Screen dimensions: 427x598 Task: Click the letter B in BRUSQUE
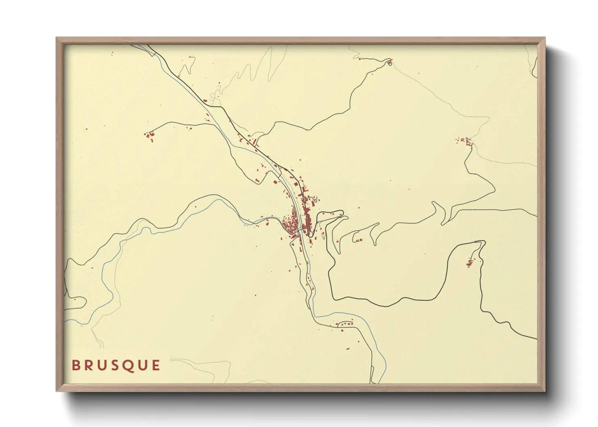tap(75, 365)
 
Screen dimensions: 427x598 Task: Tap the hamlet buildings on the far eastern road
tap(465, 141)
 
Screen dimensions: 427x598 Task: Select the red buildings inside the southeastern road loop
tap(470, 263)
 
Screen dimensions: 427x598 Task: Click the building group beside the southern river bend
tap(345, 324)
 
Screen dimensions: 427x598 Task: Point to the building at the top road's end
tap(390, 62)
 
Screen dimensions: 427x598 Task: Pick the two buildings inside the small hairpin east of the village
tap(358, 240)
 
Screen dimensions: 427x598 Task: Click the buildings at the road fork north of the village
tap(255, 142)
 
